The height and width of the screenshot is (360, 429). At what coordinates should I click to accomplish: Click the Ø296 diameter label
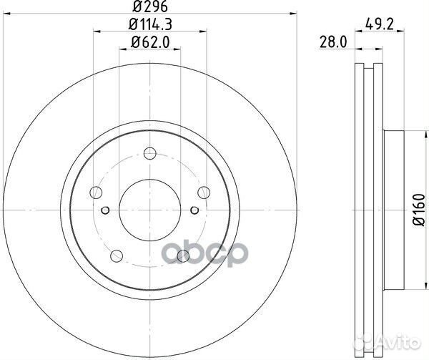(x=149, y=9)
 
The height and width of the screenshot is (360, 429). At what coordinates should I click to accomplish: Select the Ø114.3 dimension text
(x=149, y=27)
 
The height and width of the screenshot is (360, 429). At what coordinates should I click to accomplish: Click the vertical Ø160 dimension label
(x=418, y=212)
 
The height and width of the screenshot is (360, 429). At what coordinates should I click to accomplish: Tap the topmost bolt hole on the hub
(x=149, y=153)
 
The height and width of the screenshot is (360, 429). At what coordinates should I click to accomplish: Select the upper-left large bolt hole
(x=95, y=192)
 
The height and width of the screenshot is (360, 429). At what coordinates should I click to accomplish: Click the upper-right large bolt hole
(x=204, y=191)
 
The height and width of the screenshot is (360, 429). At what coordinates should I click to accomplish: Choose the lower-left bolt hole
(x=116, y=256)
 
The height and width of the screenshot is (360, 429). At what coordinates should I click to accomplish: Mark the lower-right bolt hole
(x=183, y=256)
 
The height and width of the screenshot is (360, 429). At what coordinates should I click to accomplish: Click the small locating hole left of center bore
(x=105, y=210)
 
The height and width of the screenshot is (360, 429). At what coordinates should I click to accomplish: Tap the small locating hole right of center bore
(x=194, y=210)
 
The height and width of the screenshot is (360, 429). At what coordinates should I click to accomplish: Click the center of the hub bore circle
(x=149, y=210)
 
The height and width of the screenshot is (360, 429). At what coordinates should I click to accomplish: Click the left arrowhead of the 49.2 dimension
(x=358, y=49)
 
